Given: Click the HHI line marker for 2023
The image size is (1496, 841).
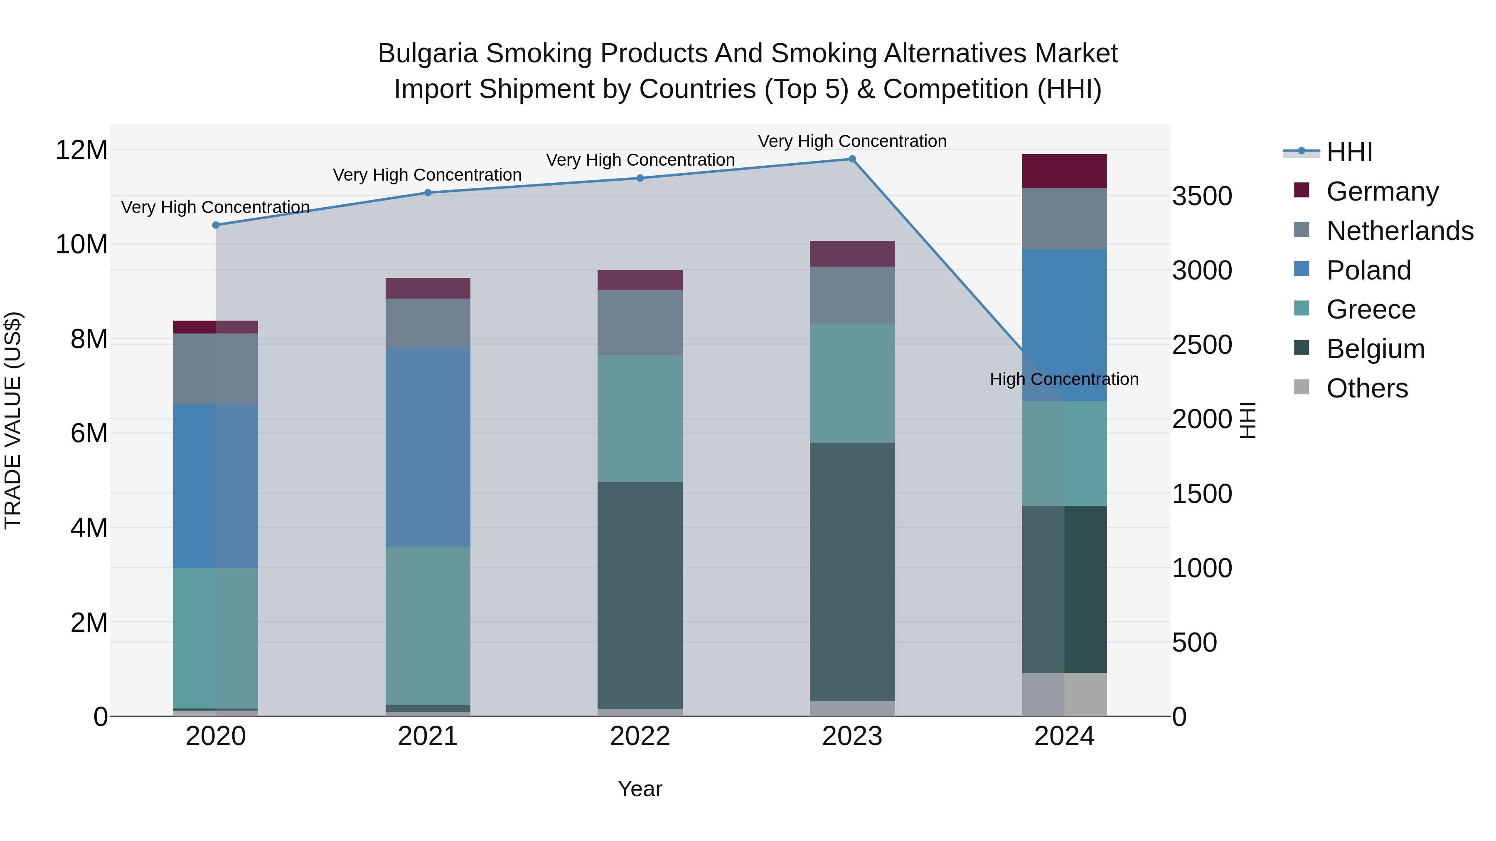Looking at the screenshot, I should pyautogui.click(x=852, y=159).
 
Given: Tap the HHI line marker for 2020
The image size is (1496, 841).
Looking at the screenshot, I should pyautogui.click(x=216, y=225).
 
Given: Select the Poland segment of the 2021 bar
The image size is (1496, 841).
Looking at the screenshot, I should pyautogui.click(x=428, y=447).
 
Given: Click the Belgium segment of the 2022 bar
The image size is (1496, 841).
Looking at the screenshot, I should pyautogui.click(x=640, y=595).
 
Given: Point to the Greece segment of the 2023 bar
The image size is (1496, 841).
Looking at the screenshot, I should pyautogui.click(x=852, y=383).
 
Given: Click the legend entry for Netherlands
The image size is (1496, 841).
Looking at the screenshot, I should pyautogui.click(x=1400, y=231).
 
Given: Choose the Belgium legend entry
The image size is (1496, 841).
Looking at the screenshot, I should pyautogui.click(x=1375, y=349).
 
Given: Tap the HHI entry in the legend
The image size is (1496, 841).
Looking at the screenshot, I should pyautogui.click(x=1349, y=152).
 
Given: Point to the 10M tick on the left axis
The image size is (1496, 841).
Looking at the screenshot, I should pyautogui.click(x=81, y=244).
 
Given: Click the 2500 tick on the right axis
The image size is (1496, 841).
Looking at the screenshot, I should pyautogui.click(x=1201, y=345).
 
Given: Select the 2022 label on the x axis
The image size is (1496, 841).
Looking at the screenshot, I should pyautogui.click(x=640, y=736).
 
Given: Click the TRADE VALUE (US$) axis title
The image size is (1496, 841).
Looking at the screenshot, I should pyautogui.click(x=13, y=420).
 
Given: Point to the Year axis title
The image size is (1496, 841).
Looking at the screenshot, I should pyautogui.click(x=640, y=789).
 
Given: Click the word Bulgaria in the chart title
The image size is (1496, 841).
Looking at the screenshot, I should pyautogui.click(x=428, y=54).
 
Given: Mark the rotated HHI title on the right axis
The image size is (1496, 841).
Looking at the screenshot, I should pyautogui.click(x=1247, y=420).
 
